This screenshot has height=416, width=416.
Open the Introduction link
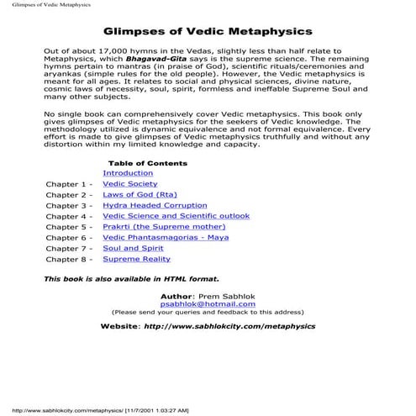click(128, 173)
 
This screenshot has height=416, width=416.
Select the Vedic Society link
click(129, 183)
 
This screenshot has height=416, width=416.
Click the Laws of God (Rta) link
click(138, 194)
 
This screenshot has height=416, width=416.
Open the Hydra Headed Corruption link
click(155, 205)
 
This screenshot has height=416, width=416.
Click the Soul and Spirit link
click(132, 249)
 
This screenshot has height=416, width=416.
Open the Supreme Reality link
click(137, 260)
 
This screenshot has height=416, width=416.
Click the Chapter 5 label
click(68, 227)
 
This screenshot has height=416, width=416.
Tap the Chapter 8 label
click(68, 260)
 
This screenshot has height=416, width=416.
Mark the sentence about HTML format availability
click(131, 277)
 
